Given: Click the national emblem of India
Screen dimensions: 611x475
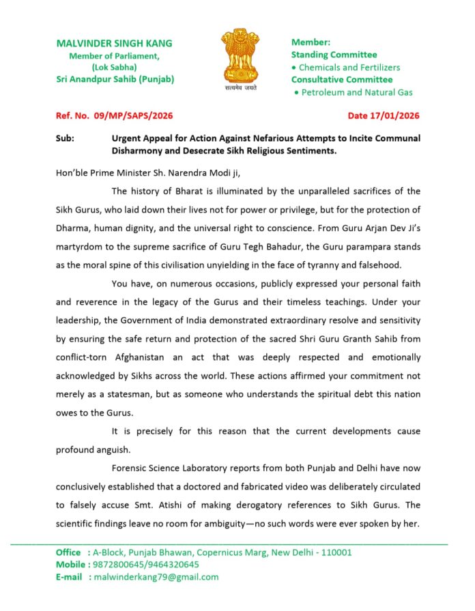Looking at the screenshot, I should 237,56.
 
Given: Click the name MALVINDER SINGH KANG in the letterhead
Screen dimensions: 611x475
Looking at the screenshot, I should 114,43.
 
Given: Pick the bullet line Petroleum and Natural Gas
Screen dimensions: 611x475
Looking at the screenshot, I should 358,92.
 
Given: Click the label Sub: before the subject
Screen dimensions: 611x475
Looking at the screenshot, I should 66,138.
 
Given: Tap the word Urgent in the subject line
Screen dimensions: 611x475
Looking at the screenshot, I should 127,138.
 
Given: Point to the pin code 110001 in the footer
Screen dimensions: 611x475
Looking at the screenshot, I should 334,552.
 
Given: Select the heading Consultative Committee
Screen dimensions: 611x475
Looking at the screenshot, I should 342,80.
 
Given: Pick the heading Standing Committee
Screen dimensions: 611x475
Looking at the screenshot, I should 334,55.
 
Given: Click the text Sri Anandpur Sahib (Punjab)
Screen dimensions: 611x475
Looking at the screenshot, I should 115,79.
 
